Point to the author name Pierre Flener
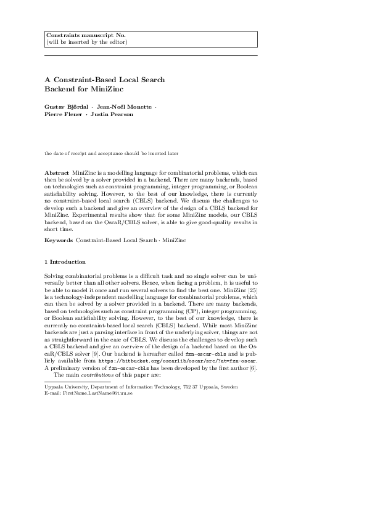coord(64,114)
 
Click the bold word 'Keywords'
coord(58,239)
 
